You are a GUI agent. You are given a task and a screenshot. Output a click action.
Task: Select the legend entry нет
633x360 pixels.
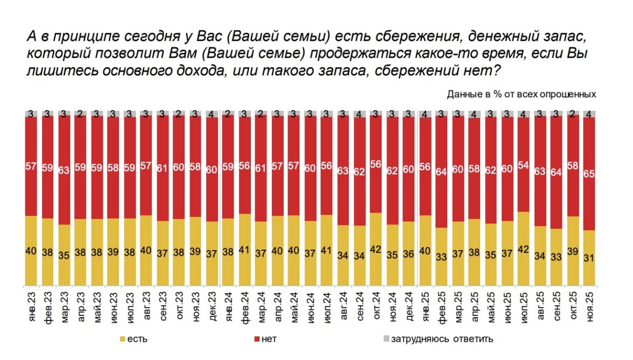click(268, 339)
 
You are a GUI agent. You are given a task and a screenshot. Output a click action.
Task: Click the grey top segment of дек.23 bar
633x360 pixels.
click(213, 114)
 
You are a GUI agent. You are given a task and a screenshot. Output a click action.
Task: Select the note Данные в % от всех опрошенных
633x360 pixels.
click(521, 94)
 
